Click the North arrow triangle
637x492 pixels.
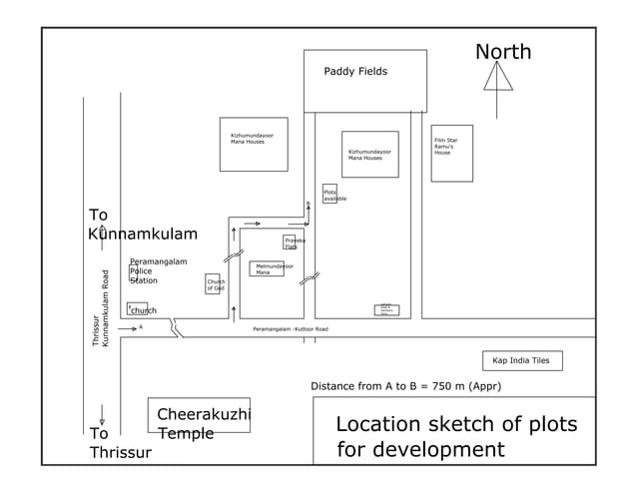[497, 77]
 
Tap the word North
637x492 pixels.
[502, 52]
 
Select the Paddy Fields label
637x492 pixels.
[355, 72]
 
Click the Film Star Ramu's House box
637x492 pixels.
[451, 153]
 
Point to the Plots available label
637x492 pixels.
[333, 195]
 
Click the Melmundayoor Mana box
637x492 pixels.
[267, 268]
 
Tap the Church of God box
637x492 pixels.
[213, 284]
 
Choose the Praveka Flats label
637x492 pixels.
[295, 243]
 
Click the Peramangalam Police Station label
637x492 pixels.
[158, 270]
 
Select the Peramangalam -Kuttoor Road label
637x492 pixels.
[290, 328]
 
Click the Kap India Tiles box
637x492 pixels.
[521, 360]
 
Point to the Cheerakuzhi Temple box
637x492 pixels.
[199, 416]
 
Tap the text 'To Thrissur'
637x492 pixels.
[119, 442]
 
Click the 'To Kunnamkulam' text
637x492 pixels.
[142, 225]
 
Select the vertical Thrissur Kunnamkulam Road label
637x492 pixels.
[100, 307]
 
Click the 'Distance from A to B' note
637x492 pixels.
[405, 386]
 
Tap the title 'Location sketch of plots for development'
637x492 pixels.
[455, 436]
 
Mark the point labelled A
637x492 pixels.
[141, 326]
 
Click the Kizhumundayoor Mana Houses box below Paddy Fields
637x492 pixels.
[369, 154]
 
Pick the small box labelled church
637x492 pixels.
[138, 309]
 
